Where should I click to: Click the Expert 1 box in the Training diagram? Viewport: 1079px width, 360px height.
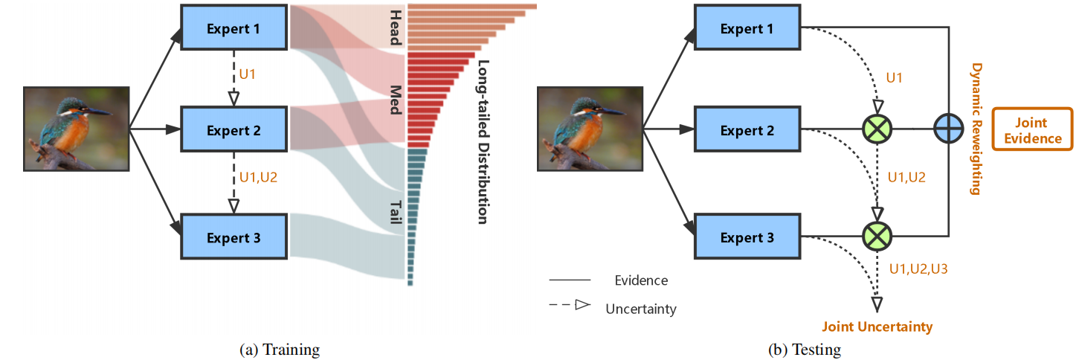coord(233,30)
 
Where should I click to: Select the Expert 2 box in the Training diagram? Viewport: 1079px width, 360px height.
coord(233,131)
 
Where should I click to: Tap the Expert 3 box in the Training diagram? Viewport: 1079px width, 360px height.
coord(233,238)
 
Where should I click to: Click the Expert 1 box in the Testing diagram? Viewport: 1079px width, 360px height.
coord(747,28)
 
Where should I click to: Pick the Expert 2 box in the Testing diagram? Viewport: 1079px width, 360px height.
coord(747,130)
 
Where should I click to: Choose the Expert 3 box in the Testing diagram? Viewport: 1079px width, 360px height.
coord(747,237)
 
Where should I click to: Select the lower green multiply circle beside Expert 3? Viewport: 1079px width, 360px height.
coord(877,237)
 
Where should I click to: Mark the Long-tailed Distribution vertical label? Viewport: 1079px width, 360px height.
coord(482,141)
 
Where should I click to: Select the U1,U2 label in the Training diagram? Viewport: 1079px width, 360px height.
coord(257,179)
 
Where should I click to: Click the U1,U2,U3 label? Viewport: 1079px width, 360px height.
coord(918,268)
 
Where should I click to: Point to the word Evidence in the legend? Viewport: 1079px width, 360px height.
coord(641,280)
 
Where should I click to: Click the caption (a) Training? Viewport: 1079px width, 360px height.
coord(279,348)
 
